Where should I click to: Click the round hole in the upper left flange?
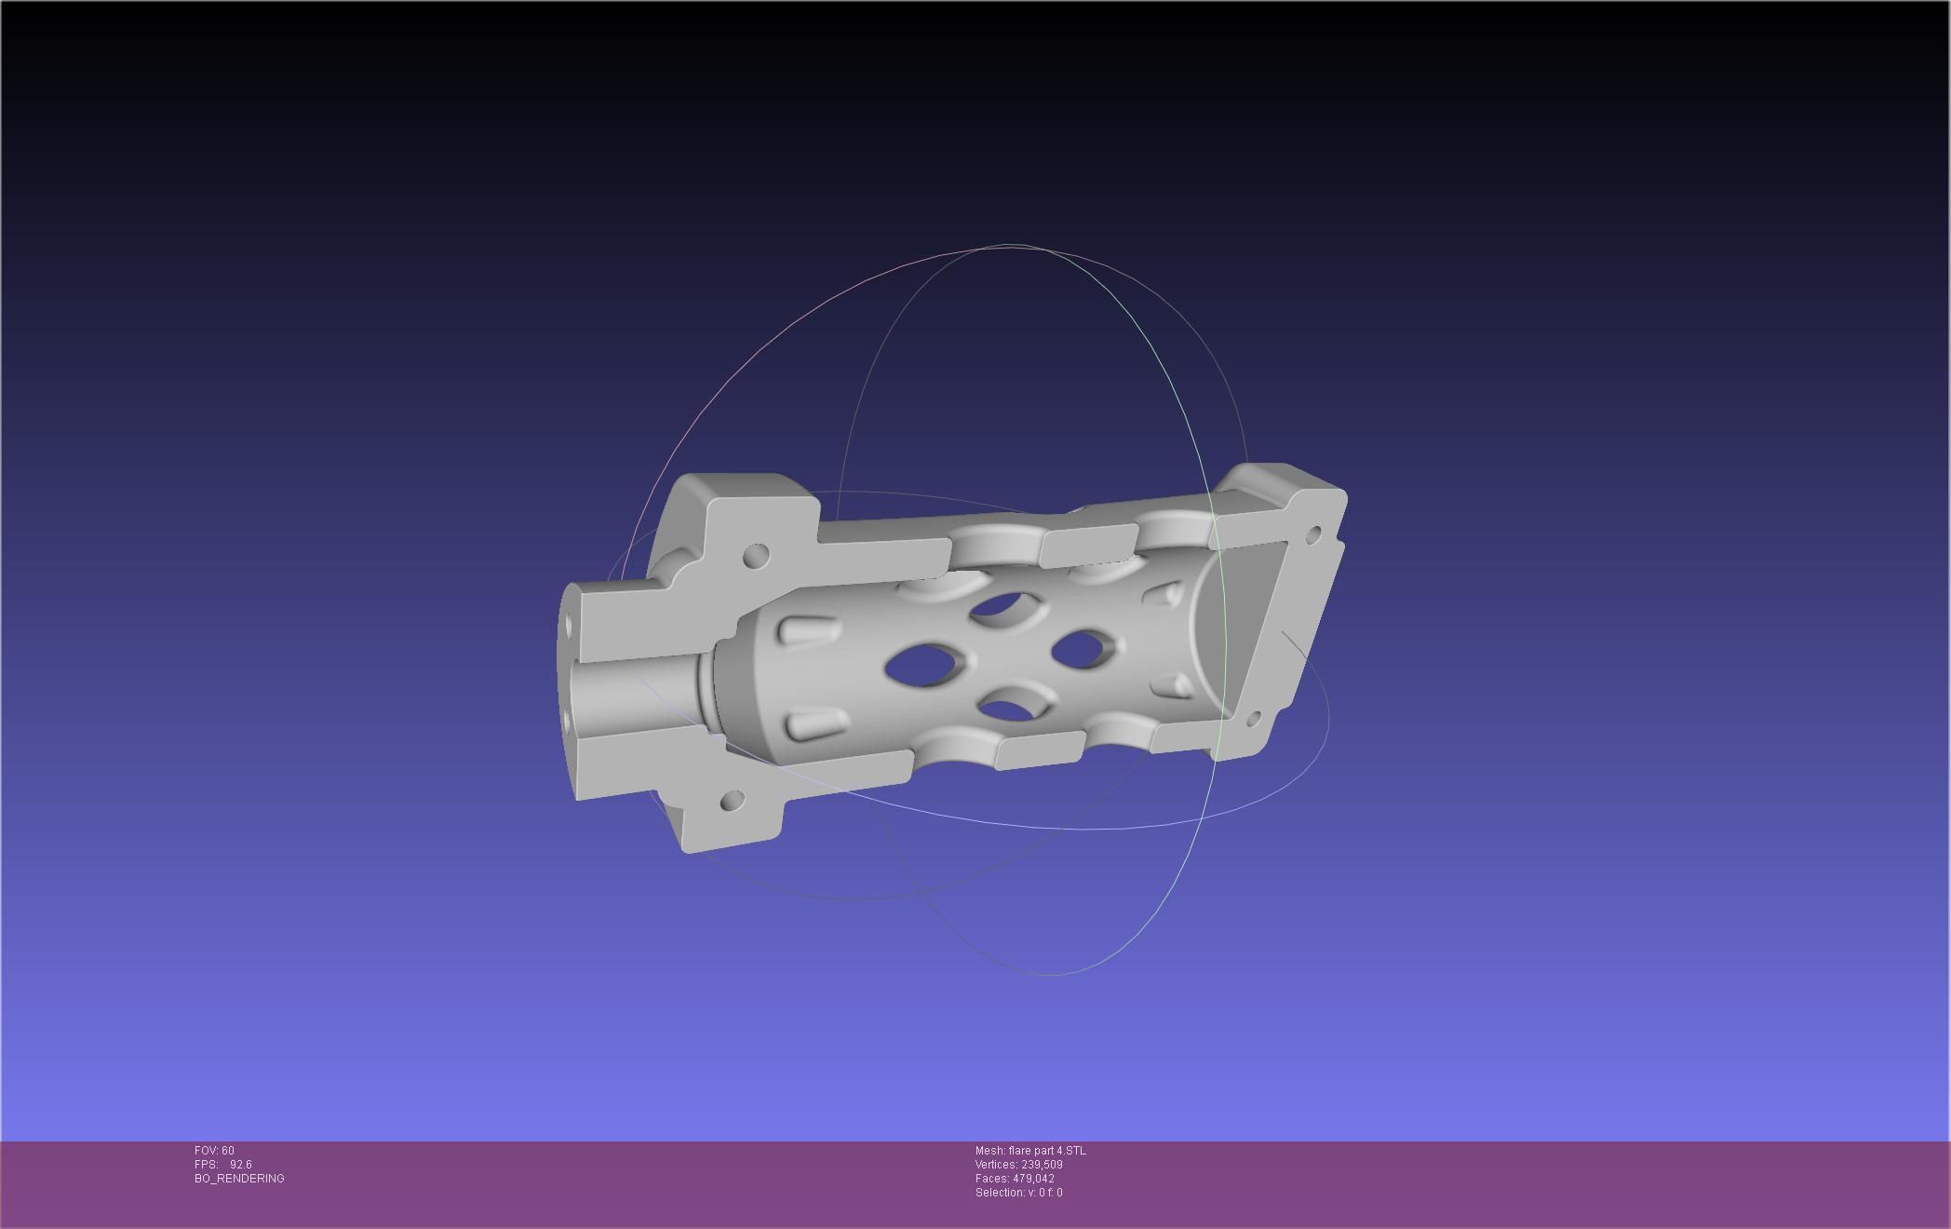[x=757, y=557]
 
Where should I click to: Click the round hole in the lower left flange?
[x=733, y=801]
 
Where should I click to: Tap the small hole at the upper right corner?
[x=1313, y=534]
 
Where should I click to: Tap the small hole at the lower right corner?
[x=1253, y=718]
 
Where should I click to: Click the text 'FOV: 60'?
[x=214, y=1151]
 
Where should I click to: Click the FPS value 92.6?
[x=240, y=1165]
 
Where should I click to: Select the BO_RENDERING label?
[x=239, y=1179]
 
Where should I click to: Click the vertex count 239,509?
[x=1041, y=1165]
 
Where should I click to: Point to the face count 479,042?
[x=1033, y=1179]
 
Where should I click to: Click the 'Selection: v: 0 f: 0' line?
[x=1018, y=1193]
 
